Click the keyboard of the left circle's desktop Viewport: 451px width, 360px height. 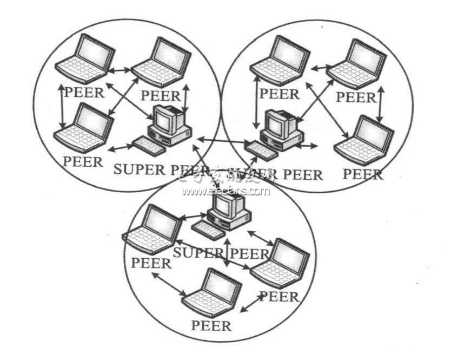click(x=148, y=146)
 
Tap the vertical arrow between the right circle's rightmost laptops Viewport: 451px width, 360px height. click(x=381, y=102)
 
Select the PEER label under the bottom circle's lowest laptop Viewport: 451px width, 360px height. click(x=211, y=326)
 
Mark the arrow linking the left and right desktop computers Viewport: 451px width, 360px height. click(x=222, y=141)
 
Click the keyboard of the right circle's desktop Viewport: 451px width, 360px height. click(x=261, y=149)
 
